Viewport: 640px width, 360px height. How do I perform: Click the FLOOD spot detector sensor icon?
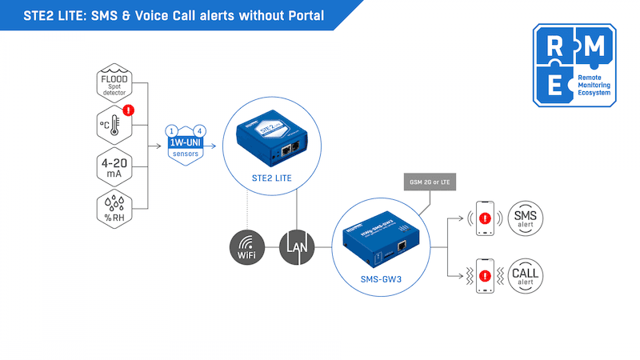pos(113,86)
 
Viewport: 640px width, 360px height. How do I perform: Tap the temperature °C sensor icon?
pos(113,127)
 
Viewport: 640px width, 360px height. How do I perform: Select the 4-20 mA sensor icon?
pos(113,169)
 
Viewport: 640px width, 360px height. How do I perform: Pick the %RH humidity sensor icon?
pos(113,210)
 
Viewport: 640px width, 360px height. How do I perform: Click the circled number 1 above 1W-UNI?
pos(170,130)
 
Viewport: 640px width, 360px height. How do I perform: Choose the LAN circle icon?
pos(296,248)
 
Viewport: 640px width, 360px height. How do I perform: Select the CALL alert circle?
pos(526,274)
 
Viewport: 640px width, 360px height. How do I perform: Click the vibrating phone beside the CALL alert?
pos(483,274)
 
